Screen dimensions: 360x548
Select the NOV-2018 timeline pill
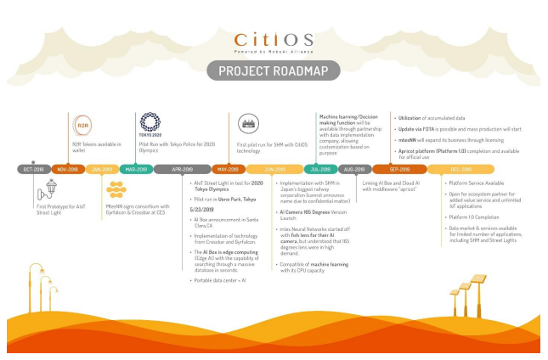(67, 169)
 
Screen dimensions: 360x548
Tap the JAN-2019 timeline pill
(102, 169)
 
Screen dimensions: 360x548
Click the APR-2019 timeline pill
(183, 169)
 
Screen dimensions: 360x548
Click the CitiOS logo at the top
(274, 40)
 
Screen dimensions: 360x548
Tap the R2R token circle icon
(83, 126)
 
